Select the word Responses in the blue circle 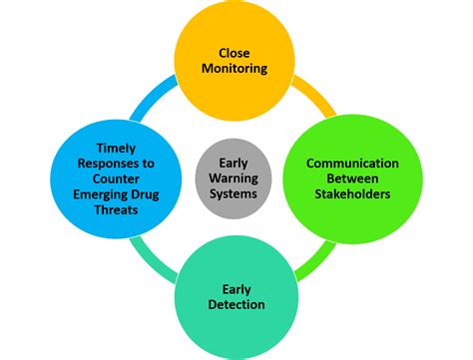point(96,163)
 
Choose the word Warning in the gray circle point(235,179)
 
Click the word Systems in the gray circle point(235,195)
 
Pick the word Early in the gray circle point(235,162)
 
